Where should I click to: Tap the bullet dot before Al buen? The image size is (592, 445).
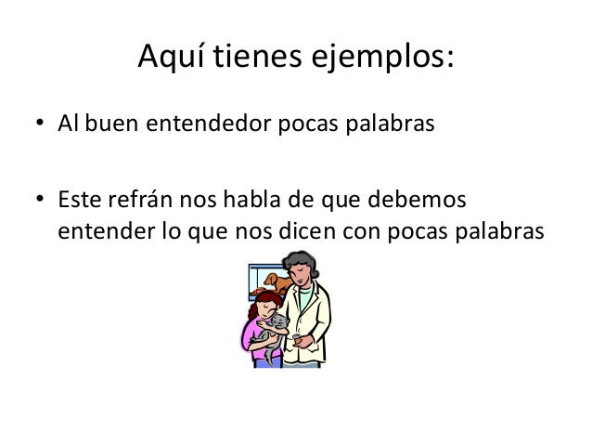[x=40, y=125]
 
